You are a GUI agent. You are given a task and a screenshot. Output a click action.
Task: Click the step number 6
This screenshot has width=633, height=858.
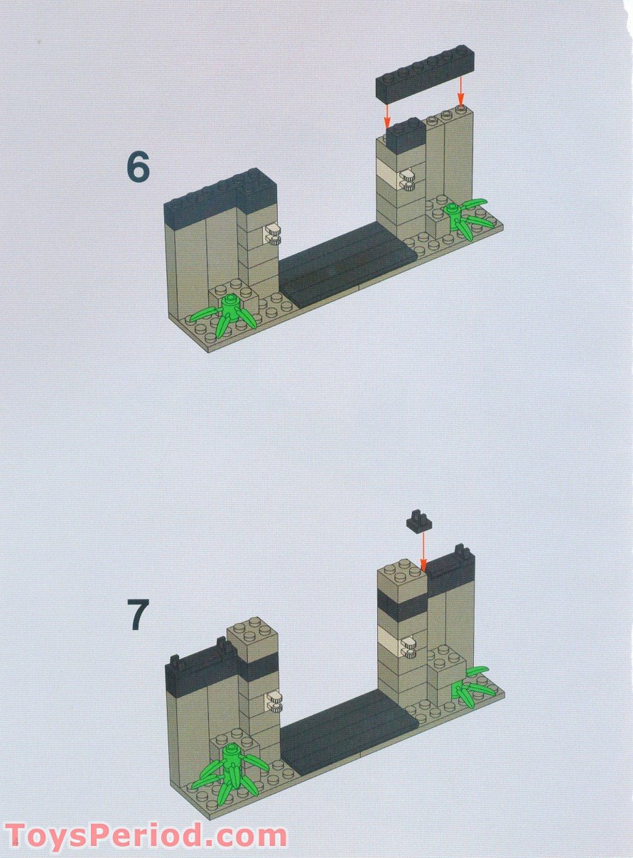pos(139,168)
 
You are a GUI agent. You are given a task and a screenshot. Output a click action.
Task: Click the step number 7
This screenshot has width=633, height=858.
pos(139,614)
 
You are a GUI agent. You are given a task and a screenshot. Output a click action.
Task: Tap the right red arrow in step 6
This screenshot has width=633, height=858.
pos(460,91)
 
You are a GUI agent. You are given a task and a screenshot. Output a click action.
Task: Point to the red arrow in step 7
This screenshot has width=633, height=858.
pos(423,550)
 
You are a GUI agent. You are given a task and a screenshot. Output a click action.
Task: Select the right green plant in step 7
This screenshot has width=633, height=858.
pos(470,685)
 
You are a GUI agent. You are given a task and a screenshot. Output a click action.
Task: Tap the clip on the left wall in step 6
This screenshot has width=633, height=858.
pos(274,233)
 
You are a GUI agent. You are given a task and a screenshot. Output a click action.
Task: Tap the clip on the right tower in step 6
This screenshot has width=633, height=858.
pos(407,180)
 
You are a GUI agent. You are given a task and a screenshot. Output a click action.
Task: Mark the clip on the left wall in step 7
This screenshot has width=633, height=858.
pos(274,702)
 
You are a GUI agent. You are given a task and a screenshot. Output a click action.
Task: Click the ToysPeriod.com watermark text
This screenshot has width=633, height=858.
pos(146,836)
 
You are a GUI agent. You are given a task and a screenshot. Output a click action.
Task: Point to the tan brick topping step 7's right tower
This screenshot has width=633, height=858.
pos(401,577)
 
